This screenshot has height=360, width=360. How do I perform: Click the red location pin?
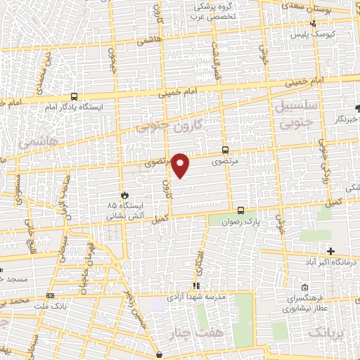pos(181,165)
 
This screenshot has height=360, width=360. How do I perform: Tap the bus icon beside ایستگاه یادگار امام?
pos(74,97)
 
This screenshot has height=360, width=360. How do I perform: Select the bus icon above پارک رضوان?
pos(240,210)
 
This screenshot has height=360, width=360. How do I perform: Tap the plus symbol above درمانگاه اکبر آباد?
pos(330,251)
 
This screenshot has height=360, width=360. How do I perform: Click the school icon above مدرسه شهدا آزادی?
pos(196,285)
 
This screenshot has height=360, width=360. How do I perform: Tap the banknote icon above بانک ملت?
pos(50,296)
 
